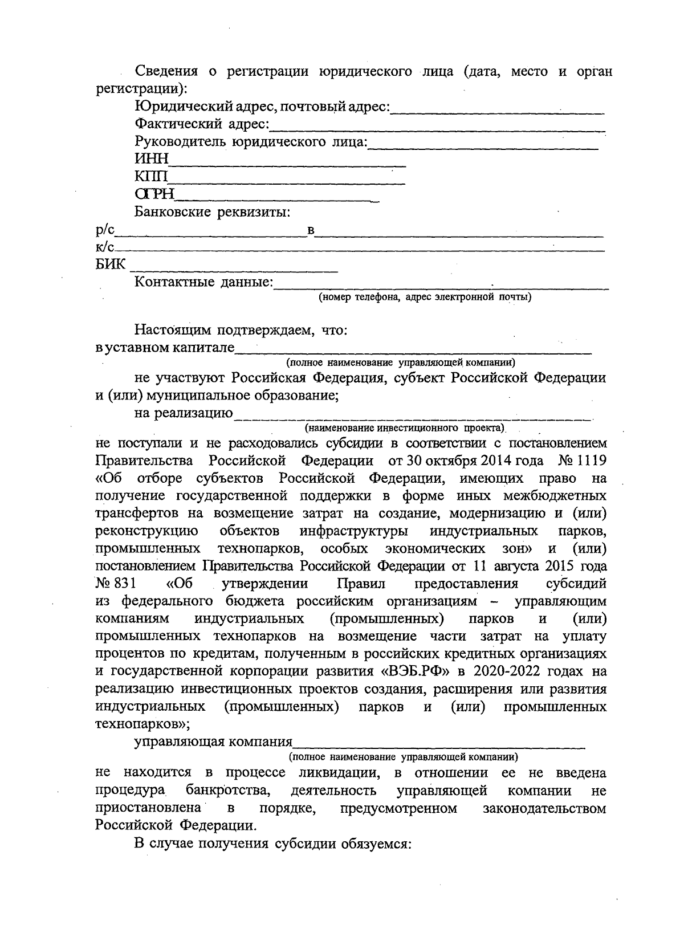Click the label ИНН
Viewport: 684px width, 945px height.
[x=152, y=160]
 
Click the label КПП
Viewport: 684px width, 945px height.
[x=151, y=177]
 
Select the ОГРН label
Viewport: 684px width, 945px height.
[x=154, y=195]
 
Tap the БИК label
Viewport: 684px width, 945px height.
[x=110, y=264]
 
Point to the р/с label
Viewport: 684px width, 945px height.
[x=105, y=230]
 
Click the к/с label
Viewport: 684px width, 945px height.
[x=105, y=247]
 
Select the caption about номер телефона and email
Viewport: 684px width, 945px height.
[x=425, y=297]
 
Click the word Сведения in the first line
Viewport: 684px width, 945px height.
[x=166, y=72]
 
